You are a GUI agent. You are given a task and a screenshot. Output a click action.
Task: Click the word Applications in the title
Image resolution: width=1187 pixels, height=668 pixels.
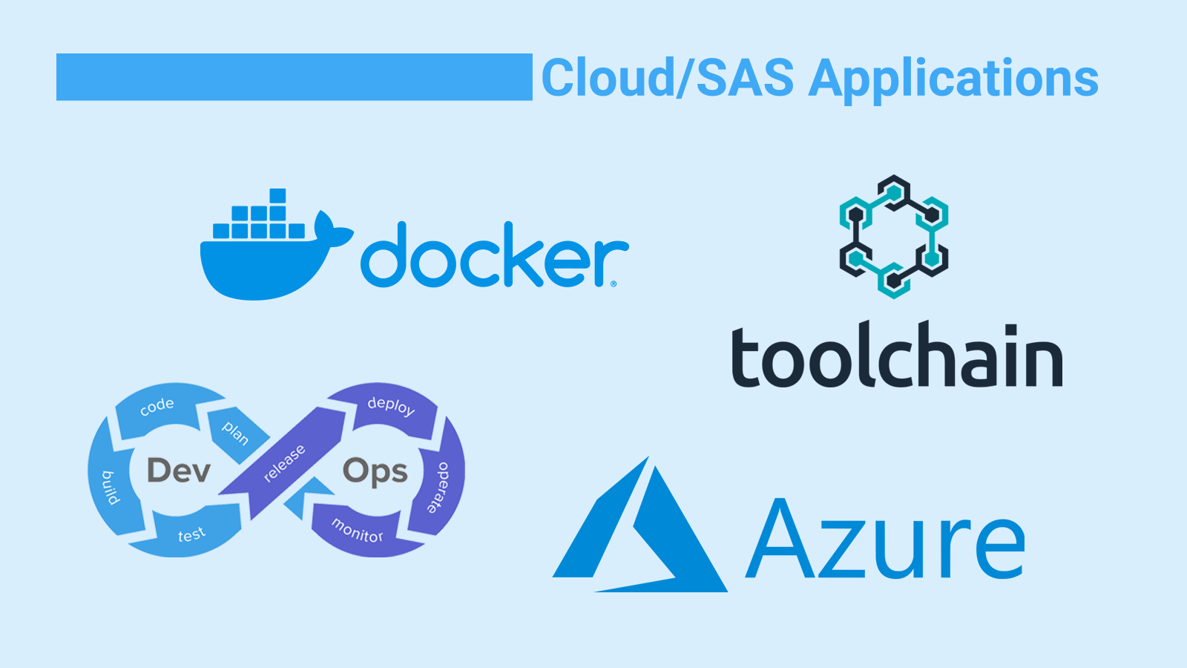(x=953, y=79)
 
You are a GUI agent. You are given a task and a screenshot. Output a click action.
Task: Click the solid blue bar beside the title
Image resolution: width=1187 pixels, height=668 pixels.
(x=294, y=76)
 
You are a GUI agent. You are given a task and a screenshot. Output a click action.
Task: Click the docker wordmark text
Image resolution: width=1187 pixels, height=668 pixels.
(x=493, y=256)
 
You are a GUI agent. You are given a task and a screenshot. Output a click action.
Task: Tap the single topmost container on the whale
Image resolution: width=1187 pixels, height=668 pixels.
(x=277, y=196)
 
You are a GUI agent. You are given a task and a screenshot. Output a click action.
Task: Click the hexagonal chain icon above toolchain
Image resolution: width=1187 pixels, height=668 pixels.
(x=894, y=236)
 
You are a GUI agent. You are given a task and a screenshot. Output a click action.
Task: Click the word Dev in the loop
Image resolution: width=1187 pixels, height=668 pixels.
(x=179, y=471)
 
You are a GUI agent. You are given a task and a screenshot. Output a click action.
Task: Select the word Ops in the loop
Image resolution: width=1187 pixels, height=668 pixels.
(x=375, y=471)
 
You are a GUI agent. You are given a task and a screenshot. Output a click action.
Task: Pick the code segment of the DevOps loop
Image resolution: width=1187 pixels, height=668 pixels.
(x=157, y=406)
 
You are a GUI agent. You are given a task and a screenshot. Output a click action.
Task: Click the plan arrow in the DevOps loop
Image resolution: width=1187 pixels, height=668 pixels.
(x=235, y=432)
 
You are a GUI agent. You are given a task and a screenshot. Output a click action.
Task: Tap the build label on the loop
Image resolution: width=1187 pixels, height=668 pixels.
(x=110, y=487)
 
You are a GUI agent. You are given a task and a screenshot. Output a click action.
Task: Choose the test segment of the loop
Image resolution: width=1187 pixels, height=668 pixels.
(x=191, y=534)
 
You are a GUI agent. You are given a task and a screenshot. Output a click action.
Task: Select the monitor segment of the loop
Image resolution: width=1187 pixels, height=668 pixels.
(x=358, y=530)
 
